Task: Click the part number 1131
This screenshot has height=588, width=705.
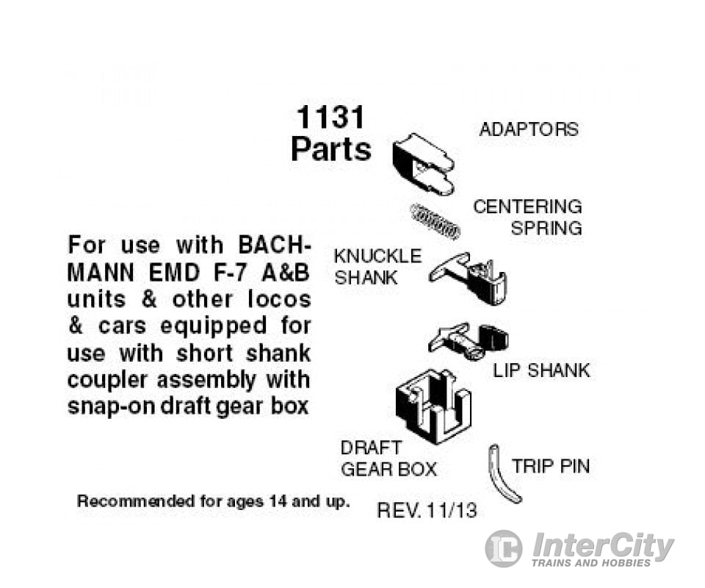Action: [330, 118]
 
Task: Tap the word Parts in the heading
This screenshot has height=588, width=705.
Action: [330, 149]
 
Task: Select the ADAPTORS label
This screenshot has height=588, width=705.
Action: [529, 129]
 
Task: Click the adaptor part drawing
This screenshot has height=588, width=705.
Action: [423, 164]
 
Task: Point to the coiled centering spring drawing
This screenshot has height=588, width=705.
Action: [434, 220]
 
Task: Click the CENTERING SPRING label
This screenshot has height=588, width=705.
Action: [528, 217]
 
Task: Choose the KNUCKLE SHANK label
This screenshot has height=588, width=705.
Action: [377, 267]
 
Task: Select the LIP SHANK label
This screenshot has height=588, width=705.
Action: [541, 370]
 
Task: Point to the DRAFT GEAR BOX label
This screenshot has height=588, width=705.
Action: [388, 458]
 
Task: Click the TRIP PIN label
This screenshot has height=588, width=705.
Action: [550, 466]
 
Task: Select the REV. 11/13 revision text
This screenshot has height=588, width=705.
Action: [427, 510]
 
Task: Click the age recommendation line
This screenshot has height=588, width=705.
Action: [214, 502]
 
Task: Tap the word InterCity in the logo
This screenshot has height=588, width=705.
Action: [602, 546]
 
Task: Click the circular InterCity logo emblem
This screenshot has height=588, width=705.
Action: [504, 548]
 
